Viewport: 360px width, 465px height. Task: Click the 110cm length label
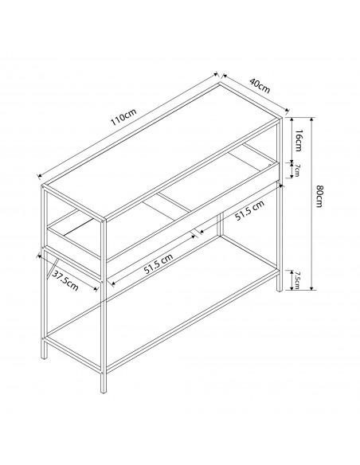pyautogui.click(x=123, y=117)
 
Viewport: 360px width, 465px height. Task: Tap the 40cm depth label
pyautogui.click(x=260, y=85)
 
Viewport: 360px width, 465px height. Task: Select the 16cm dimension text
pyautogui.click(x=299, y=140)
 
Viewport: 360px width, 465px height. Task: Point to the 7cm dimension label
pyautogui.click(x=297, y=170)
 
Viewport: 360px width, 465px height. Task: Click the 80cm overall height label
pyautogui.click(x=319, y=197)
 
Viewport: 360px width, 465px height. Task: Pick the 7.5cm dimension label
pyautogui.click(x=297, y=280)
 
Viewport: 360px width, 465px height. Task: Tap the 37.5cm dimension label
pyautogui.click(x=65, y=281)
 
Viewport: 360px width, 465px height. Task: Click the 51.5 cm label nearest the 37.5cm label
pyautogui.click(x=158, y=264)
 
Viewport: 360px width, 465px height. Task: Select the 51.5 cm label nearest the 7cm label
pyautogui.click(x=249, y=210)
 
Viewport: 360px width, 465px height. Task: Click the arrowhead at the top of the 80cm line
pyautogui.click(x=311, y=119)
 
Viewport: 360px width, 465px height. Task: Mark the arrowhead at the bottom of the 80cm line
pyautogui.click(x=311, y=288)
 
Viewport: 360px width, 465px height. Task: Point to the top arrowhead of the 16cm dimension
pyautogui.click(x=292, y=119)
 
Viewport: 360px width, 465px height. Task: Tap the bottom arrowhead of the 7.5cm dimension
pyautogui.click(x=292, y=288)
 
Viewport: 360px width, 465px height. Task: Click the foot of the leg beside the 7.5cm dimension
pyautogui.click(x=279, y=290)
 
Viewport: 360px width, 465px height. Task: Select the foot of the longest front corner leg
pyautogui.click(x=104, y=391)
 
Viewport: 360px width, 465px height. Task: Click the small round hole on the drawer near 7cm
pyautogui.click(x=269, y=165)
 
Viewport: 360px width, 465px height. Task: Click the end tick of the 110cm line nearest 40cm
pyautogui.click(x=216, y=74)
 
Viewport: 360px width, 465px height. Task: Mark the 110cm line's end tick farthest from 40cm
pyautogui.click(x=39, y=177)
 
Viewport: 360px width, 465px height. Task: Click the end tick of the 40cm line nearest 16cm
pyautogui.click(x=287, y=111)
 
